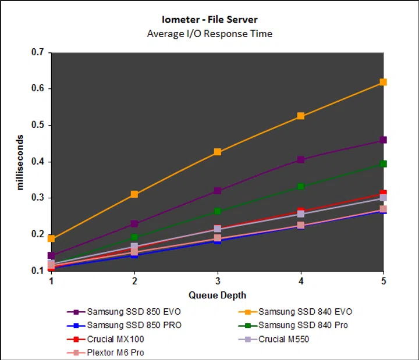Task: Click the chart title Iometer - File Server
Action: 210,20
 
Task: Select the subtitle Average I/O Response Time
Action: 210,33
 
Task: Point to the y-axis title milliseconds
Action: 20,162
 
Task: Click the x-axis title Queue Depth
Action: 217,295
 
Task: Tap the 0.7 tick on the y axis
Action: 38,52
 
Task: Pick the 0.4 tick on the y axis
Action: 38,162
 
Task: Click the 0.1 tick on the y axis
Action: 38,270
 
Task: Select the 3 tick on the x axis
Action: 218,281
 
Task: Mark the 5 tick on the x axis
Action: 383,281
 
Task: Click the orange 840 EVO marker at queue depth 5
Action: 383,82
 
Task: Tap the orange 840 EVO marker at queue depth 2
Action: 134,194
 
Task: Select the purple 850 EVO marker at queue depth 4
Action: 300,159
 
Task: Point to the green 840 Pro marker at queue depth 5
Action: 383,164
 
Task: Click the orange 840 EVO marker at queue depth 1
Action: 51,238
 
